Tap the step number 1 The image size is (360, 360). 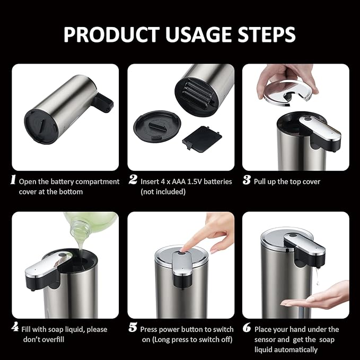click(13, 180)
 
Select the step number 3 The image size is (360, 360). click(247, 180)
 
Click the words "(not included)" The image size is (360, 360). click(163, 191)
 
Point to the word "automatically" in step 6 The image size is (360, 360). click(295, 349)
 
